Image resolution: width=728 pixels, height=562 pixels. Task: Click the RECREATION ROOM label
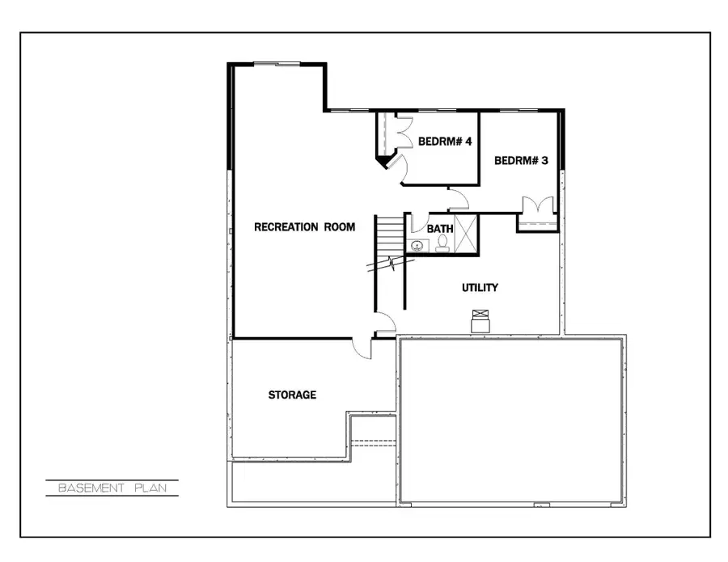[304, 227]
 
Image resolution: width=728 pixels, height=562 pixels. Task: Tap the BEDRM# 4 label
[445, 142]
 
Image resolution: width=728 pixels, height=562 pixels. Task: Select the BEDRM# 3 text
[521, 161]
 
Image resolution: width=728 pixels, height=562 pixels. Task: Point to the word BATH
[440, 229]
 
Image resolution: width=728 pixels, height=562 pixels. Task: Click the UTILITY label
[480, 288]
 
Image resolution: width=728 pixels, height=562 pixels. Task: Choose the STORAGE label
[292, 395]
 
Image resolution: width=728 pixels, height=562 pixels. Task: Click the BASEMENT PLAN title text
[112, 488]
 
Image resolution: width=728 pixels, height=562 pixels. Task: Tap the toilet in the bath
[442, 243]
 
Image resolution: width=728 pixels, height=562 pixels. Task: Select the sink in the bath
[418, 245]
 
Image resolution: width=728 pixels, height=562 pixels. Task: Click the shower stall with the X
[465, 234]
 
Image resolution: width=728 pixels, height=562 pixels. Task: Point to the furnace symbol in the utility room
[481, 321]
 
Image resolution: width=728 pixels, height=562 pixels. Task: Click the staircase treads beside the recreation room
[389, 235]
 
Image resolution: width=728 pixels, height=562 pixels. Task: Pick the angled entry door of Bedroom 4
[396, 165]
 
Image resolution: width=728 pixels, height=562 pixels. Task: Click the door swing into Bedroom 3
[459, 198]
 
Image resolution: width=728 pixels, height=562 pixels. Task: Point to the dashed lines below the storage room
[373, 442]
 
